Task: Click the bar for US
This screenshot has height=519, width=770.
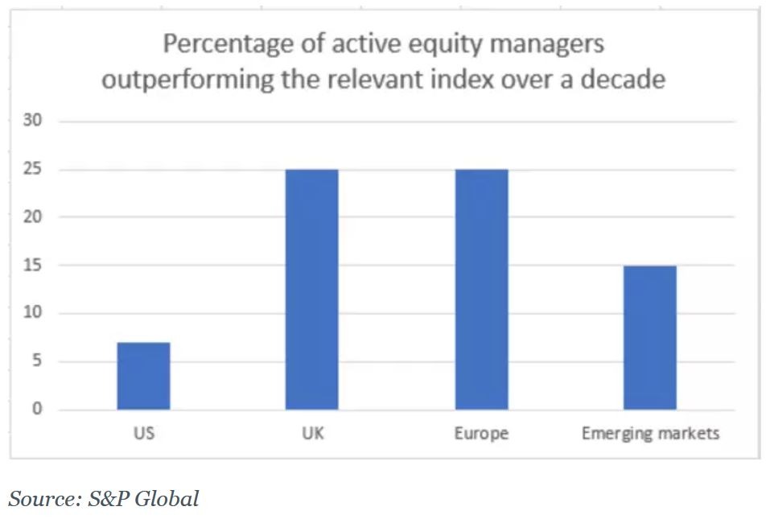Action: click(143, 376)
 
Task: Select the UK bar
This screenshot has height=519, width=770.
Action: click(311, 290)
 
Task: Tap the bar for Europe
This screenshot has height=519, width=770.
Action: click(481, 290)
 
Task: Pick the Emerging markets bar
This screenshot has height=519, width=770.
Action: click(650, 337)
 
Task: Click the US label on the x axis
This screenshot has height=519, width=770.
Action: click(143, 434)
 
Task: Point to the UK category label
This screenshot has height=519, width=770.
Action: click(312, 434)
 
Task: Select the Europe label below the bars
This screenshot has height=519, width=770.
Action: click(481, 434)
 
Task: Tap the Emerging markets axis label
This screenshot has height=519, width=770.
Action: click(650, 434)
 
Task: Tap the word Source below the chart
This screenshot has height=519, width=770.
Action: click(41, 499)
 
